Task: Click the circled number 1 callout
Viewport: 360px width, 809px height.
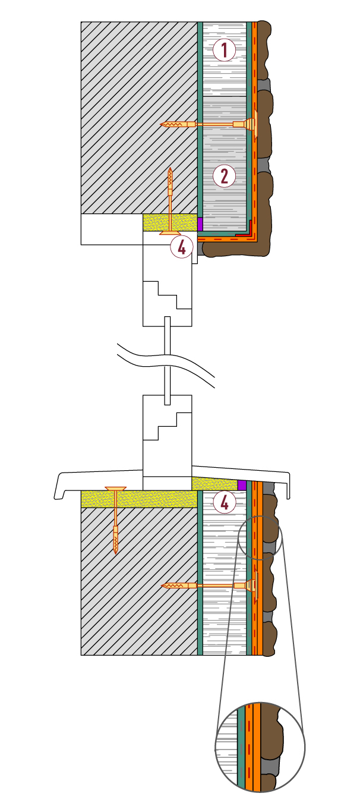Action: (224, 49)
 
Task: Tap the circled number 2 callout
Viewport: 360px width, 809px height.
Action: (224, 177)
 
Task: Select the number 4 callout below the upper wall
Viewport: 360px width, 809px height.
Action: (182, 247)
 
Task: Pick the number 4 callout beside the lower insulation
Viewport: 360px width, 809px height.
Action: (224, 502)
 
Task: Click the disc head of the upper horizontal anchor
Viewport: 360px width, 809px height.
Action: (255, 124)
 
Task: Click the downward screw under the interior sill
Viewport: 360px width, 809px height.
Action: (116, 520)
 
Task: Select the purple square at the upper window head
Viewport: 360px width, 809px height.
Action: (200, 224)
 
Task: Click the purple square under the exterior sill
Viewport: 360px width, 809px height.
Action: (242, 485)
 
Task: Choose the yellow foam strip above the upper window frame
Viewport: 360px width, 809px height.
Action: (170, 222)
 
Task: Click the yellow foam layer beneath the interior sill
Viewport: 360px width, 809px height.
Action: (139, 499)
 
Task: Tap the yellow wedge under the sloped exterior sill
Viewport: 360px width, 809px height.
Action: (215, 484)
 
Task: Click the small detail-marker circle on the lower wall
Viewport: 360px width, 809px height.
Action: (260, 538)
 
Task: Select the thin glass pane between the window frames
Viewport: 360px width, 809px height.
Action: (167, 361)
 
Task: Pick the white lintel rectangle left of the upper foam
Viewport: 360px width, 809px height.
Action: (112, 229)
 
